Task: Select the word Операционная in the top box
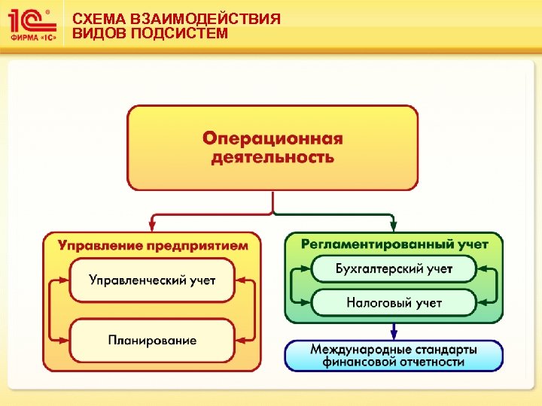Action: point(273,139)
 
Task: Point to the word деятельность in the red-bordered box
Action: point(273,157)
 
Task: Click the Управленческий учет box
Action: point(152,280)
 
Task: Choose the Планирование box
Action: point(152,340)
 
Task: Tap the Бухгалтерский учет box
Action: point(394,268)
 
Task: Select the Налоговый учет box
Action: point(394,303)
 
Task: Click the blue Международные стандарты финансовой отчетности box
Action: point(393,355)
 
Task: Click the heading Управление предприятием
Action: point(153,245)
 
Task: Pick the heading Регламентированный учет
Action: point(394,244)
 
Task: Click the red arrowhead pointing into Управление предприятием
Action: point(153,225)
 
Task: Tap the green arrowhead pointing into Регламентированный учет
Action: point(393,225)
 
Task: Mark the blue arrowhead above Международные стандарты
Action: point(393,334)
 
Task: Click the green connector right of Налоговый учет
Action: point(493,295)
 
